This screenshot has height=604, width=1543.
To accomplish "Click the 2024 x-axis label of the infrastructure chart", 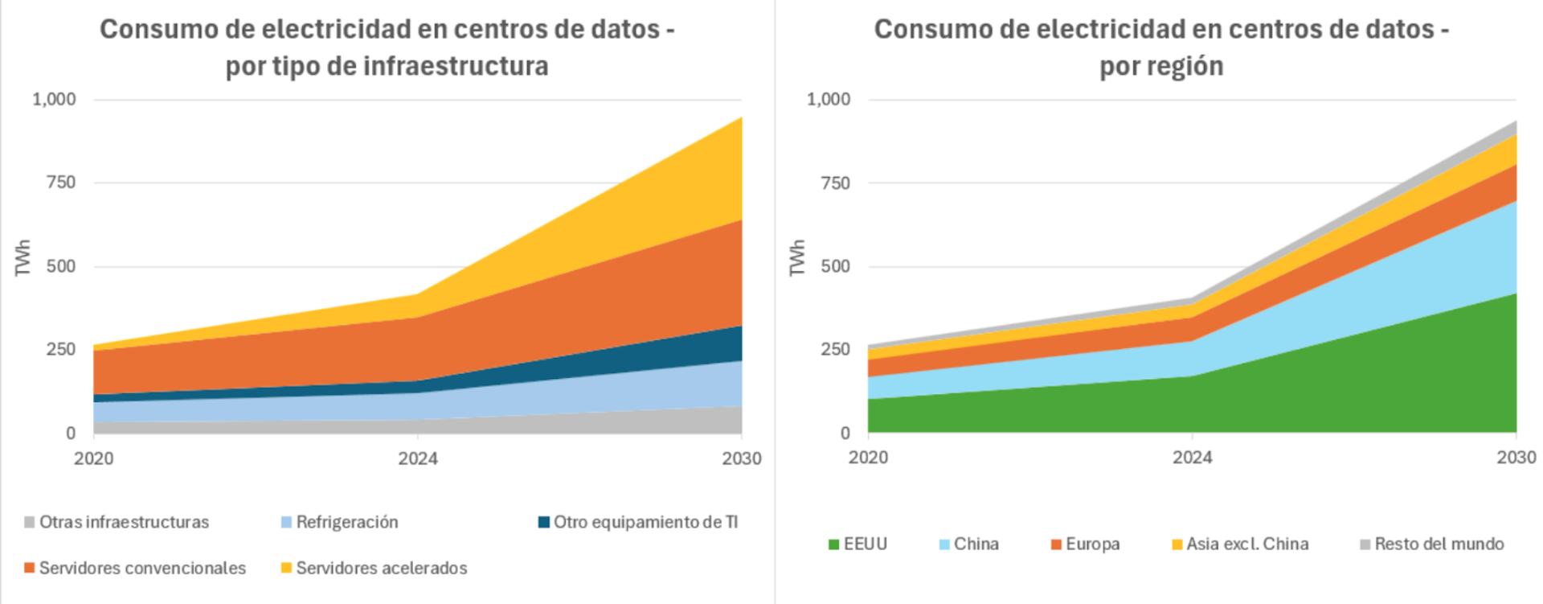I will tap(418, 458).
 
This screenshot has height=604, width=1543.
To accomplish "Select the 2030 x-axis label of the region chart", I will tap(1516, 458).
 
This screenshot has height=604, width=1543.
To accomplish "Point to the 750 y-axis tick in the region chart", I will tap(836, 183).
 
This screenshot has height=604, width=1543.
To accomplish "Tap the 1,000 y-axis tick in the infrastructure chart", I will tap(54, 100).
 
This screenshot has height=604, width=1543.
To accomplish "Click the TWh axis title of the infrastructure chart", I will tap(23, 257).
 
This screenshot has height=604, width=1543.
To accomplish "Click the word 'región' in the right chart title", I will tap(1185, 66).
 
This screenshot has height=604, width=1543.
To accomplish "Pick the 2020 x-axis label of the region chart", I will tap(868, 458).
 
